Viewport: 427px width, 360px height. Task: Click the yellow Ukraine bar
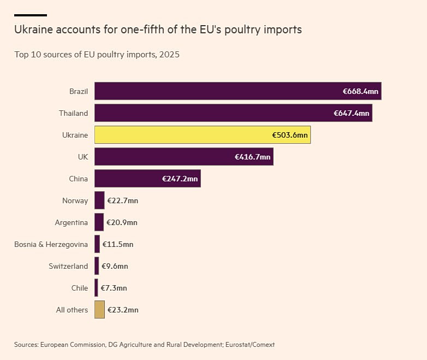pyautogui.click(x=203, y=134)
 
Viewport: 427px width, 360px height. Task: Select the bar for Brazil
pyautogui.click(x=238, y=91)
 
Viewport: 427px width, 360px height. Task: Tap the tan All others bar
pyautogui.click(x=100, y=310)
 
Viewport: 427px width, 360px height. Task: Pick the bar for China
pyautogui.click(x=147, y=179)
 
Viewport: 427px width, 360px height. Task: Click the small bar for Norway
pyautogui.click(x=99, y=200)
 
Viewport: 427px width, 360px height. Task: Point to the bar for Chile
pyautogui.click(x=96, y=288)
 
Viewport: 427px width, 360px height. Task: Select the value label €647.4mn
pyautogui.click(x=351, y=113)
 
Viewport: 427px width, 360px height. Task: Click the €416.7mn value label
pyautogui.click(x=252, y=157)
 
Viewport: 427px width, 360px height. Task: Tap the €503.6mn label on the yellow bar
pyautogui.click(x=290, y=135)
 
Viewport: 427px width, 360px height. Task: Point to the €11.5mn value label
pyautogui.click(x=117, y=244)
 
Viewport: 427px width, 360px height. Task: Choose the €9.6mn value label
pyautogui.click(x=115, y=266)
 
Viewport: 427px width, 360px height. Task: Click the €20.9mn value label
pyautogui.click(x=122, y=222)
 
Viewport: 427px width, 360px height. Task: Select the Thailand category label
pyautogui.click(x=73, y=113)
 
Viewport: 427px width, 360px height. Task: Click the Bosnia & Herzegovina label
pyautogui.click(x=51, y=244)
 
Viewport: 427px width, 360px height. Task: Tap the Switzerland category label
pyautogui.click(x=68, y=266)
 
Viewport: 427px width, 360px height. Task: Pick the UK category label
pyautogui.click(x=83, y=157)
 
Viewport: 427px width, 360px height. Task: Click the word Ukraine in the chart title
pyautogui.click(x=33, y=29)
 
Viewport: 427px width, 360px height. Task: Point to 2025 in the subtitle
pyautogui.click(x=169, y=55)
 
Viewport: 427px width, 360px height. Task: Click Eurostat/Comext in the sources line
pyautogui.click(x=250, y=345)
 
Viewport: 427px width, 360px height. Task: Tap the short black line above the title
pyautogui.click(x=31, y=15)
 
